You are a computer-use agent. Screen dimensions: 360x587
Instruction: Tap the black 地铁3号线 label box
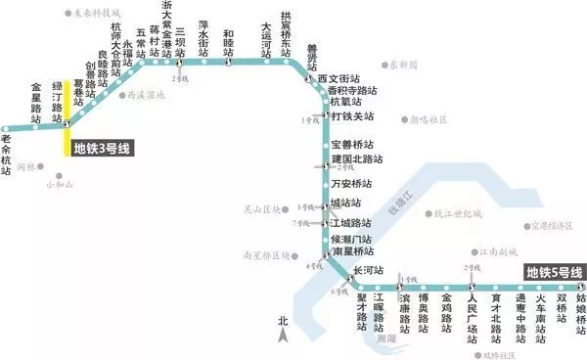[x=103, y=149]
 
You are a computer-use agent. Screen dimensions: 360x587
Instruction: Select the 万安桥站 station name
[x=354, y=182]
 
